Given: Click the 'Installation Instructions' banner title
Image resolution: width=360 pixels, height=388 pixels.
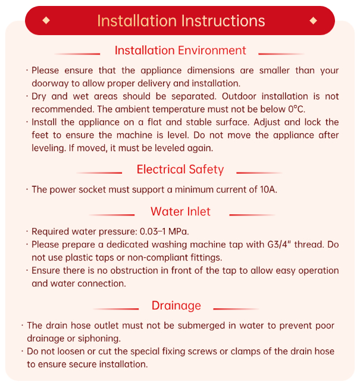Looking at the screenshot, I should pyautogui.click(x=180, y=21).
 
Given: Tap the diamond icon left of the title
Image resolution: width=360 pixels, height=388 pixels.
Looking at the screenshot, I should pyautogui.click(x=46, y=21).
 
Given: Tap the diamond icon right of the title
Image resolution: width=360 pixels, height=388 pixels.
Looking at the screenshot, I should pyautogui.click(x=314, y=21).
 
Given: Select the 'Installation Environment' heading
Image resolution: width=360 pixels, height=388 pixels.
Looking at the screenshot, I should pyautogui.click(x=180, y=51).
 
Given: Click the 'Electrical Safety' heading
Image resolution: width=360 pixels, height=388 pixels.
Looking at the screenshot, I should pyautogui.click(x=180, y=170).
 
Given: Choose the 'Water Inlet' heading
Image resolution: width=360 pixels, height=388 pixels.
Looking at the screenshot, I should pyautogui.click(x=180, y=212).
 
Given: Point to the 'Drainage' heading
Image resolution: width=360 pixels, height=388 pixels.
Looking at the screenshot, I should pyautogui.click(x=176, y=306).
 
